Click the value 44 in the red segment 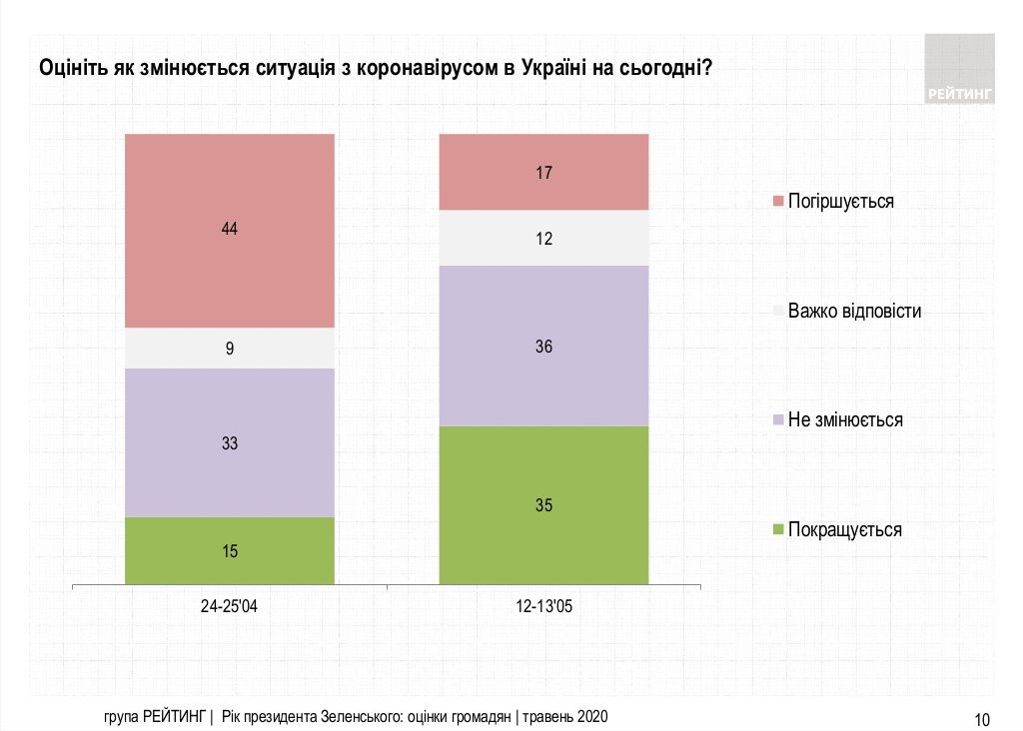coord(229,229)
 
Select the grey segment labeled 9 coord(229,349)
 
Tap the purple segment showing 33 coord(229,442)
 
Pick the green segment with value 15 coord(229,550)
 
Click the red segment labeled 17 coord(543,172)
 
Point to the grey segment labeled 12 coord(543,239)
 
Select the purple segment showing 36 coord(543,347)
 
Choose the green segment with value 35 coord(543,504)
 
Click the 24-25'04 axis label coord(229,606)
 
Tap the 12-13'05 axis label coord(543,606)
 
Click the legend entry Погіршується coord(840,201)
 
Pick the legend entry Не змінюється coord(845,419)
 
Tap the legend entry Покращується coord(844,529)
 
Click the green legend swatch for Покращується coord(778,529)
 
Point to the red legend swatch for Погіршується coord(778,202)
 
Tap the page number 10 coord(981,718)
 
